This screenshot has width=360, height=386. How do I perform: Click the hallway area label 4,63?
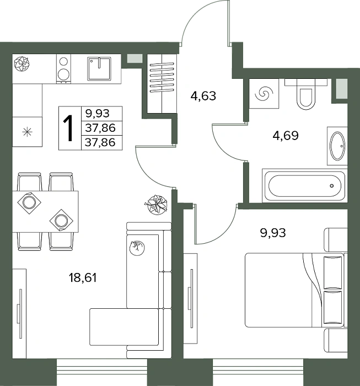tap(203, 96)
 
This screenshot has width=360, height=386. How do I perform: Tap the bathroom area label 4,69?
tap(286, 136)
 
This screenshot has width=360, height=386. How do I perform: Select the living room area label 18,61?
tap(83, 278)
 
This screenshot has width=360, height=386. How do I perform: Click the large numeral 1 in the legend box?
tap(68, 128)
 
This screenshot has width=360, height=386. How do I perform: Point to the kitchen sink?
tap(99, 69)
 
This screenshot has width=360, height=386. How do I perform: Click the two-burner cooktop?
tap(64, 69)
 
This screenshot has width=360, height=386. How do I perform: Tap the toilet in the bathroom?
tap(306, 94)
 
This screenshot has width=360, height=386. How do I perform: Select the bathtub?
tap(305, 186)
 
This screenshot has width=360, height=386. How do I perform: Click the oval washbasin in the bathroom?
tap(337, 146)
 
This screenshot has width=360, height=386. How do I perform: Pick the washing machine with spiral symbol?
tap(264, 94)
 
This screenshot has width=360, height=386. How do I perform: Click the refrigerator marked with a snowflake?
tap(28, 132)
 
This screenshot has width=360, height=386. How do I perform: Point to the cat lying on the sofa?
tap(137, 248)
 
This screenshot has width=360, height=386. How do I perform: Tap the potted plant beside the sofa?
tap(156, 205)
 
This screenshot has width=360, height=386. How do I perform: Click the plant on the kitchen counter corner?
tap(22, 63)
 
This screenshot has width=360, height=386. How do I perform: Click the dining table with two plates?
tap(45, 211)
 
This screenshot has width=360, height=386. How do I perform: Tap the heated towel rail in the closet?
tap(162, 78)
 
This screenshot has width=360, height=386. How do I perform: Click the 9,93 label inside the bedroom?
tap(273, 233)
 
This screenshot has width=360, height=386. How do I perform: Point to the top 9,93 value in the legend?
tap(98, 114)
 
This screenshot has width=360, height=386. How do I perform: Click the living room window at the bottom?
tap(102, 372)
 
